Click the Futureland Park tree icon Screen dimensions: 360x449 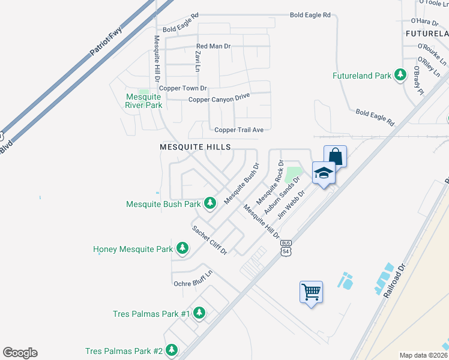pos(400,76)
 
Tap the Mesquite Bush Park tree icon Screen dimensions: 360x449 pos(210,203)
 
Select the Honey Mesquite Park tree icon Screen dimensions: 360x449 pos(182,248)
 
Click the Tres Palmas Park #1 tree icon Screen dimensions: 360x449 pos(199,313)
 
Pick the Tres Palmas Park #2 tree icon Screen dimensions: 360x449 pos(172,350)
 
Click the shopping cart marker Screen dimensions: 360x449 pos(311,293)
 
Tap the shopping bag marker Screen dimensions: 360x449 pos(336,157)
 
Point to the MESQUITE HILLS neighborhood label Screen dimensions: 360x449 pos(195,146)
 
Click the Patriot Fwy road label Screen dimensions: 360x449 pos(106,40)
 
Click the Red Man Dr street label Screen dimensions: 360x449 pos(214,46)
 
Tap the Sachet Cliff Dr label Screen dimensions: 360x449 pos(209,239)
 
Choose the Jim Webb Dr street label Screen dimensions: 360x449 pos(291,205)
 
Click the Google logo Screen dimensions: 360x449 pos(20,352)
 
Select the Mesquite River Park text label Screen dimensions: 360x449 pos(143,101)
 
